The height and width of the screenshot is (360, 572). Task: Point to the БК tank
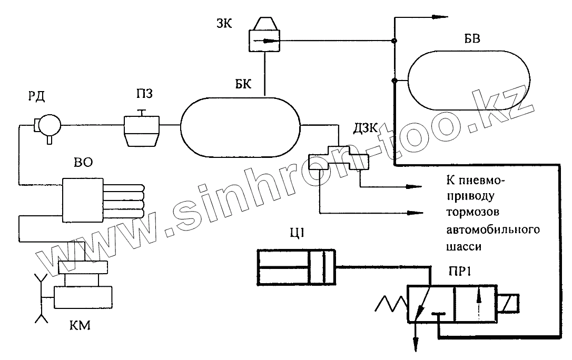click(240, 126)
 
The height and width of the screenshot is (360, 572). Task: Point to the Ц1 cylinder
click(295, 268)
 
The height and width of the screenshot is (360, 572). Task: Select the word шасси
click(463, 246)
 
